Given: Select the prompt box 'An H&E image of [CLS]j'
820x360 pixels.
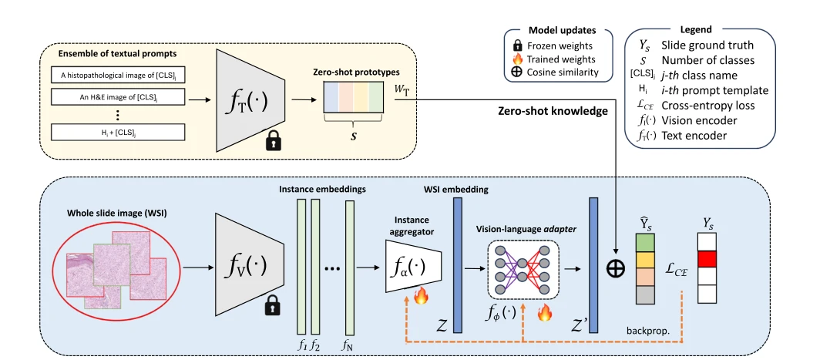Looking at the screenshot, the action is [118, 96].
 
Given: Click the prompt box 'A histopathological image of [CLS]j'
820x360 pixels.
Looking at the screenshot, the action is [118, 75].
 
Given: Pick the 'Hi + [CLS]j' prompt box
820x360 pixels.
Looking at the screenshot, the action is [118, 133].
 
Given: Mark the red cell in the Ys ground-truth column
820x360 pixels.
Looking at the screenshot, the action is [708, 258].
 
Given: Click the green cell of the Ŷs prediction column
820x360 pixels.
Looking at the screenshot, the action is [645, 242].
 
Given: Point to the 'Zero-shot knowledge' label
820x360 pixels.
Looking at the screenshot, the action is [553, 111].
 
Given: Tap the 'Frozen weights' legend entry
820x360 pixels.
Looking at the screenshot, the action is [559, 45].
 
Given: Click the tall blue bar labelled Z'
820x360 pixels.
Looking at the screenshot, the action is [593, 264].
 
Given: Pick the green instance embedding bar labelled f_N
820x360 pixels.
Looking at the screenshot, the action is [349, 267].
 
